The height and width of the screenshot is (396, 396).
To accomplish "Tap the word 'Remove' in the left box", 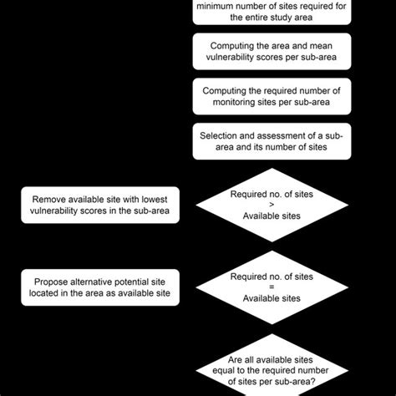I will (50, 200).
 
